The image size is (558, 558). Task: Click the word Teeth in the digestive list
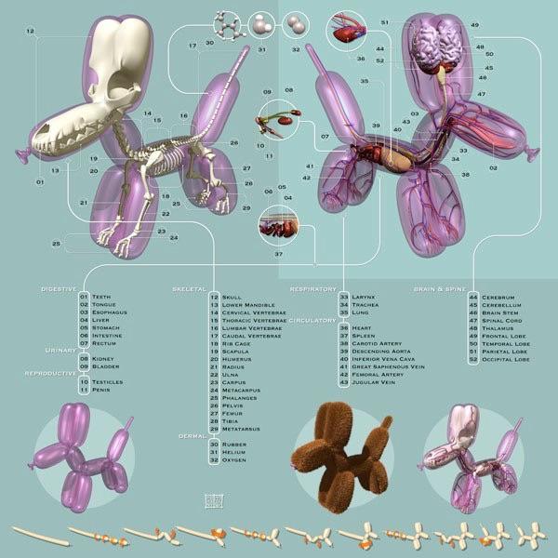tap(101, 296)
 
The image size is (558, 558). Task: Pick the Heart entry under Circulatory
tap(363, 328)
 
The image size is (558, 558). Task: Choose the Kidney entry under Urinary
tap(103, 357)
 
